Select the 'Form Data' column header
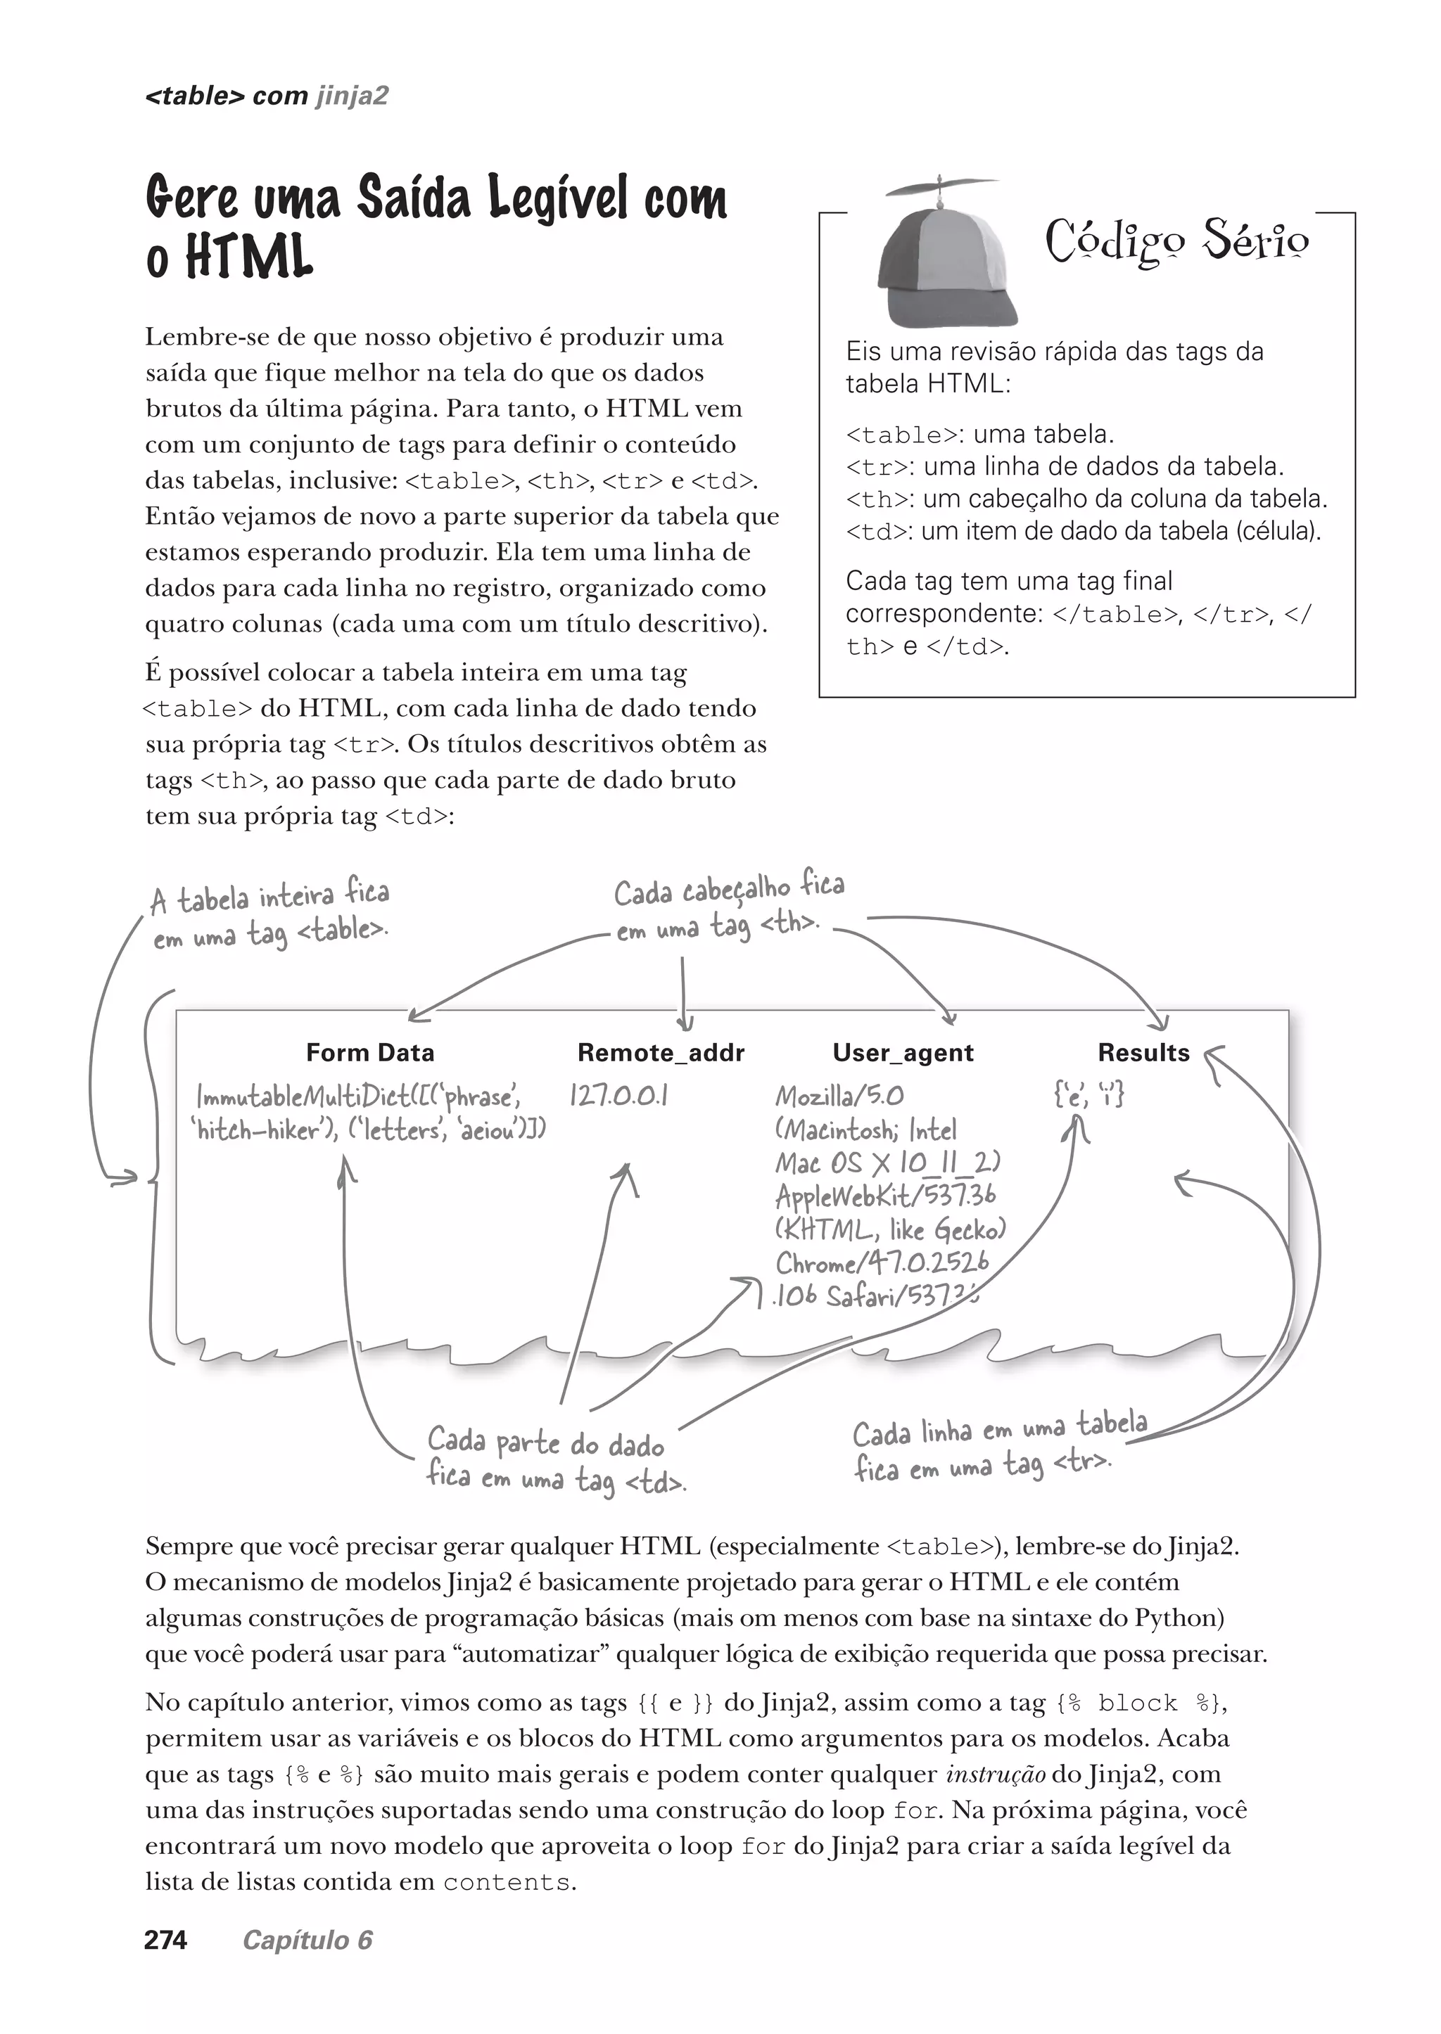pyautogui.click(x=370, y=1053)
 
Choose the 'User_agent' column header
pyautogui.click(x=903, y=1053)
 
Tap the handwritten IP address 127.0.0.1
pyautogui.click(x=618, y=1096)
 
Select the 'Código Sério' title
pyautogui.click(x=1176, y=241)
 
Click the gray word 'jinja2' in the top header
pyautogui.click(x=353, y=96)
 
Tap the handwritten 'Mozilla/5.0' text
pyautogui.click(x=839, y=1096)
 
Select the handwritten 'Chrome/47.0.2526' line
pyautogui.click(x=882, y=1262)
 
